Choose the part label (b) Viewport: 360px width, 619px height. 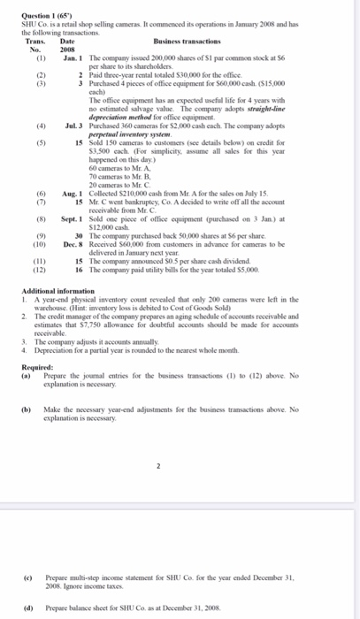pyautogui.click(x=27, y=375)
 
